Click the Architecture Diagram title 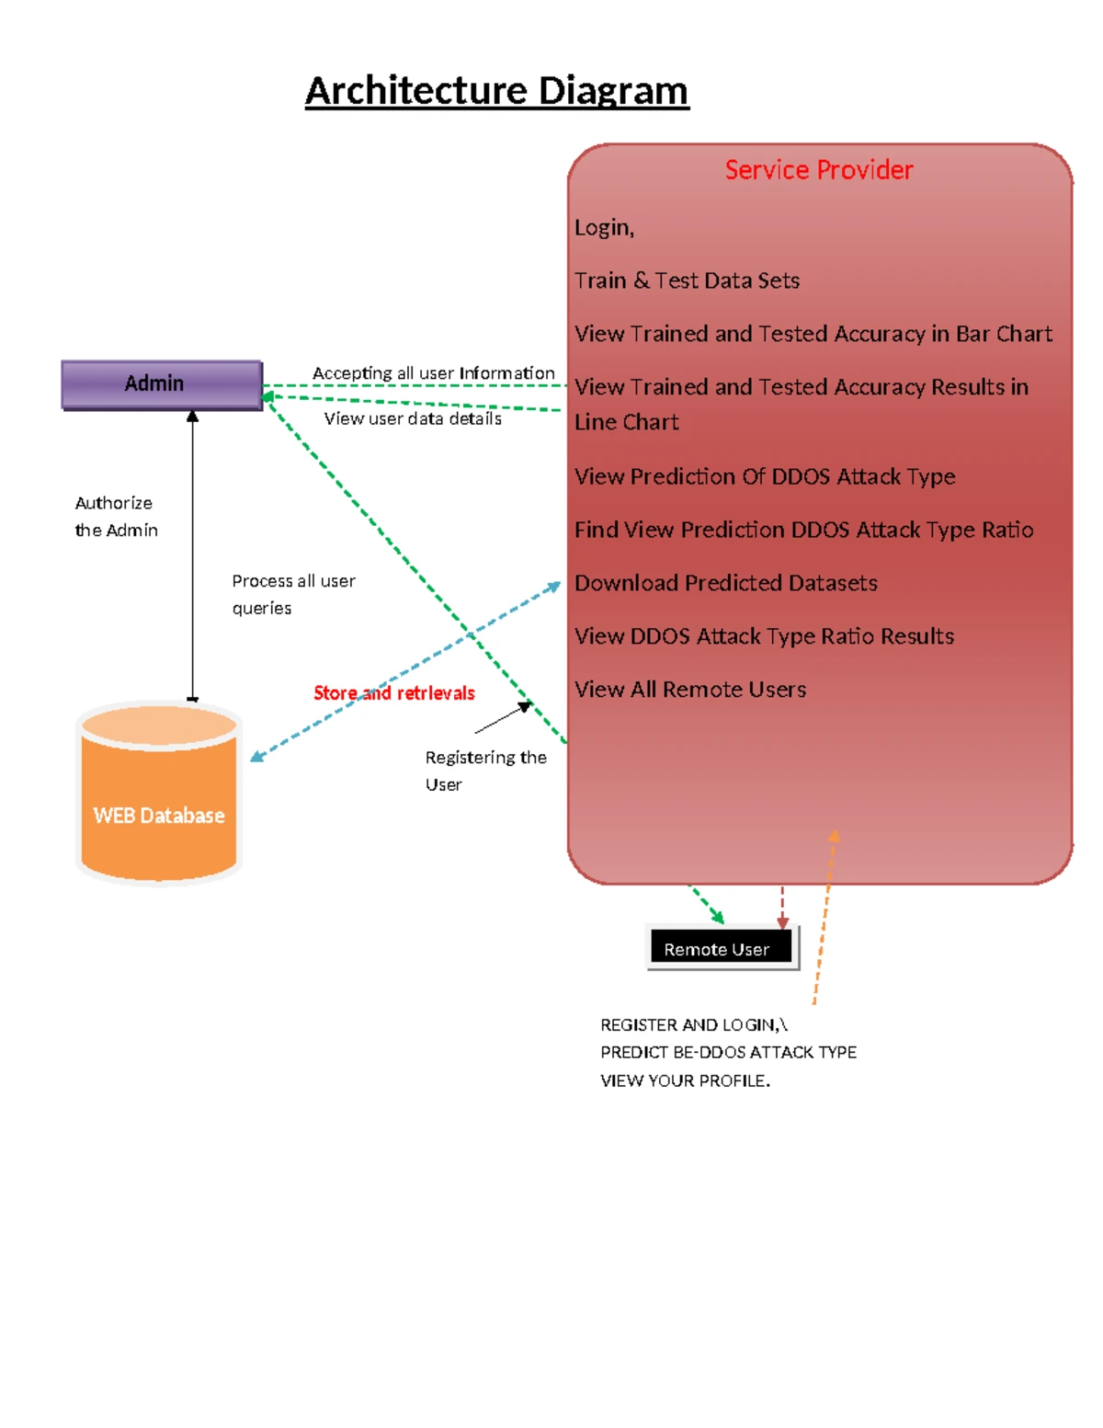click(x=496, y=91)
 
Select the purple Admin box click(x=162, y=384)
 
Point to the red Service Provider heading click(x=818, y=170)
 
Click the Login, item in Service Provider click(x=604, y=227)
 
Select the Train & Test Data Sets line click(x=687, y=280)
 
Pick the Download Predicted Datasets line click(x=725, y=583)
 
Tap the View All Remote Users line click(x=690, y=690)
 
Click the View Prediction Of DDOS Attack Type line click(x=765, y=476)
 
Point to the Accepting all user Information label click(x=433, y=372)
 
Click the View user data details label click(x=413, y=418)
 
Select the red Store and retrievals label click(x=393, y=693)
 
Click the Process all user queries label click(x=293, y=594)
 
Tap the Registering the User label click(x=485, y=771)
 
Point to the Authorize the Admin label click(x=116, y=516)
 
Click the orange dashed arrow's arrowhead click(x=835, y=835)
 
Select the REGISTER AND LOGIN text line click(x=693, y=1024)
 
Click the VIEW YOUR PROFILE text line click(x=685, y=1080)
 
